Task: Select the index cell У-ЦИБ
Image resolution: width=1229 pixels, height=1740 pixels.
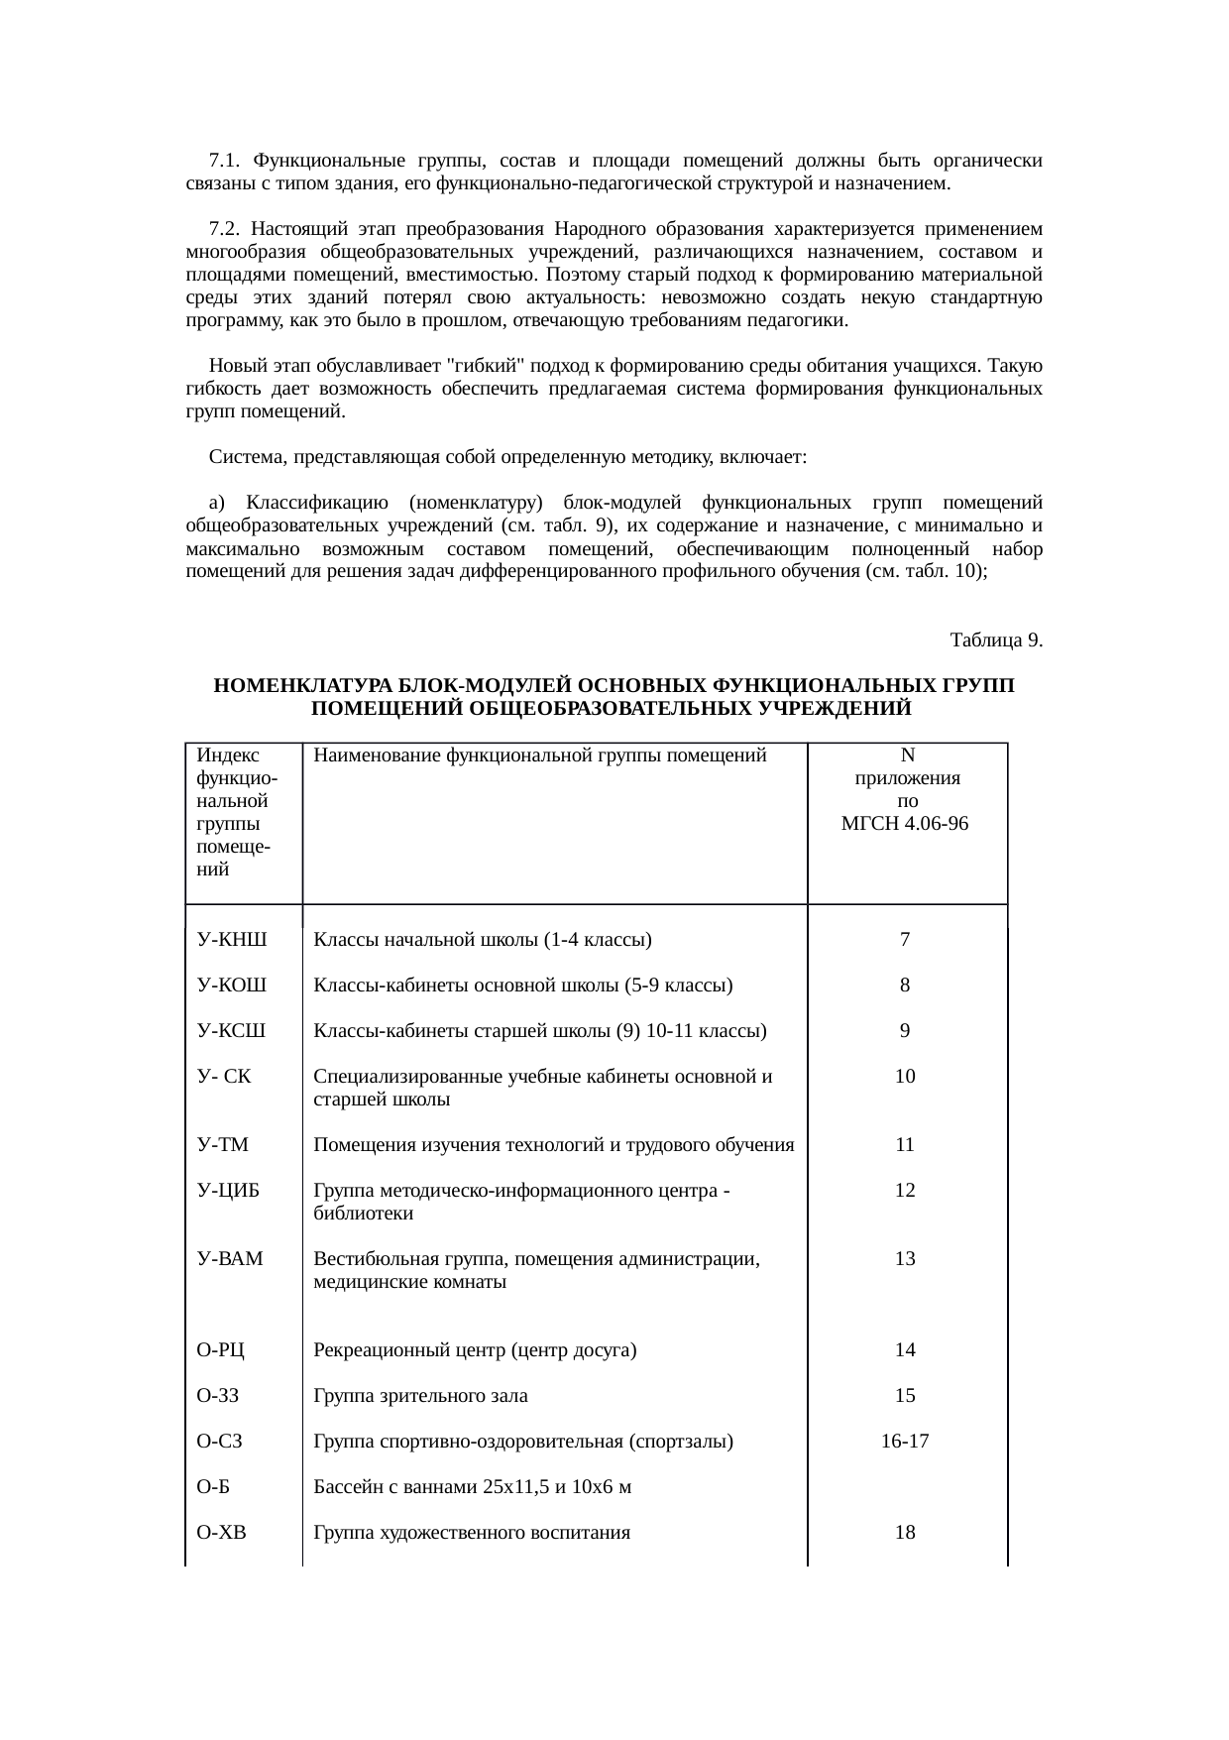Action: coord(228,1191)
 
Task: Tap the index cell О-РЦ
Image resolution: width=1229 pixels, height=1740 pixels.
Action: coord(221,1350)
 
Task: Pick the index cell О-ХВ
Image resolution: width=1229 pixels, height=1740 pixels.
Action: coord(222,1533)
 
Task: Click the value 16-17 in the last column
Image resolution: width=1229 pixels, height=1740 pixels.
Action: coord(905,1442)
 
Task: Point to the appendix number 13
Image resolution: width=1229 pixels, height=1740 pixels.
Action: coord(905,1259)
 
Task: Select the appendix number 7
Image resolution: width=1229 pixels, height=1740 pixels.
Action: coord(905,940)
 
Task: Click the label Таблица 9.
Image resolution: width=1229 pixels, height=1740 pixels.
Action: coord(995,639)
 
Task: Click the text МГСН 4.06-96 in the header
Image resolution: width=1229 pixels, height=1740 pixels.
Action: coord(905,824)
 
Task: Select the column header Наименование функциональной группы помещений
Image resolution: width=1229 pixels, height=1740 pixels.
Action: coord(540,755)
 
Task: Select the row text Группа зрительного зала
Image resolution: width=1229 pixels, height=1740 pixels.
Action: coord(420,1396)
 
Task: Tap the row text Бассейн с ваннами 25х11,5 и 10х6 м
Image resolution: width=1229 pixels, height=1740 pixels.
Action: coord(473,1487)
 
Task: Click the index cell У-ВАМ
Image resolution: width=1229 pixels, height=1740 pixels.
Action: coord(230,1259)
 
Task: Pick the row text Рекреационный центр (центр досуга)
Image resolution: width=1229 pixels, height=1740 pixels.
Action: coord(475,1350)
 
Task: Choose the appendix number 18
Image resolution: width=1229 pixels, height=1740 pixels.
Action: coord(905,1533)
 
